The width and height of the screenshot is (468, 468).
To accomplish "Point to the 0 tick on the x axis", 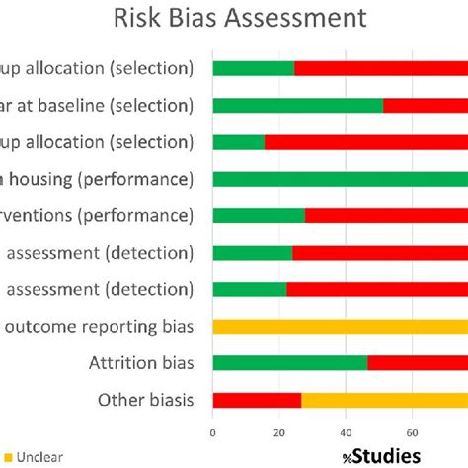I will click(x=213, y=431).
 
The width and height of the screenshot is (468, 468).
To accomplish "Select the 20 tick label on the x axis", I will click(x=279, y=431).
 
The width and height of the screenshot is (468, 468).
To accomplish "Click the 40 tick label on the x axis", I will click(x=346, y=431).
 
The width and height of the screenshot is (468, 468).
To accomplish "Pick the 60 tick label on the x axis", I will click(x=412, y=431).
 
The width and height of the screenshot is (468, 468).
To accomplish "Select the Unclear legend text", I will click(x=36, y=456).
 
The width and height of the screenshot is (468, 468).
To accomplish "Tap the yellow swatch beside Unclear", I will click(x=5, y=456).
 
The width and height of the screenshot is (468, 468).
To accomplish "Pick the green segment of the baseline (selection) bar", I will click(x=297, y=105).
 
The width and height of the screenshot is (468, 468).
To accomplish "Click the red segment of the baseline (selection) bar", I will click(x=426, y=105).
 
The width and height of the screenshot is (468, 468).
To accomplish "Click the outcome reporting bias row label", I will click(x=100, y=326).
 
